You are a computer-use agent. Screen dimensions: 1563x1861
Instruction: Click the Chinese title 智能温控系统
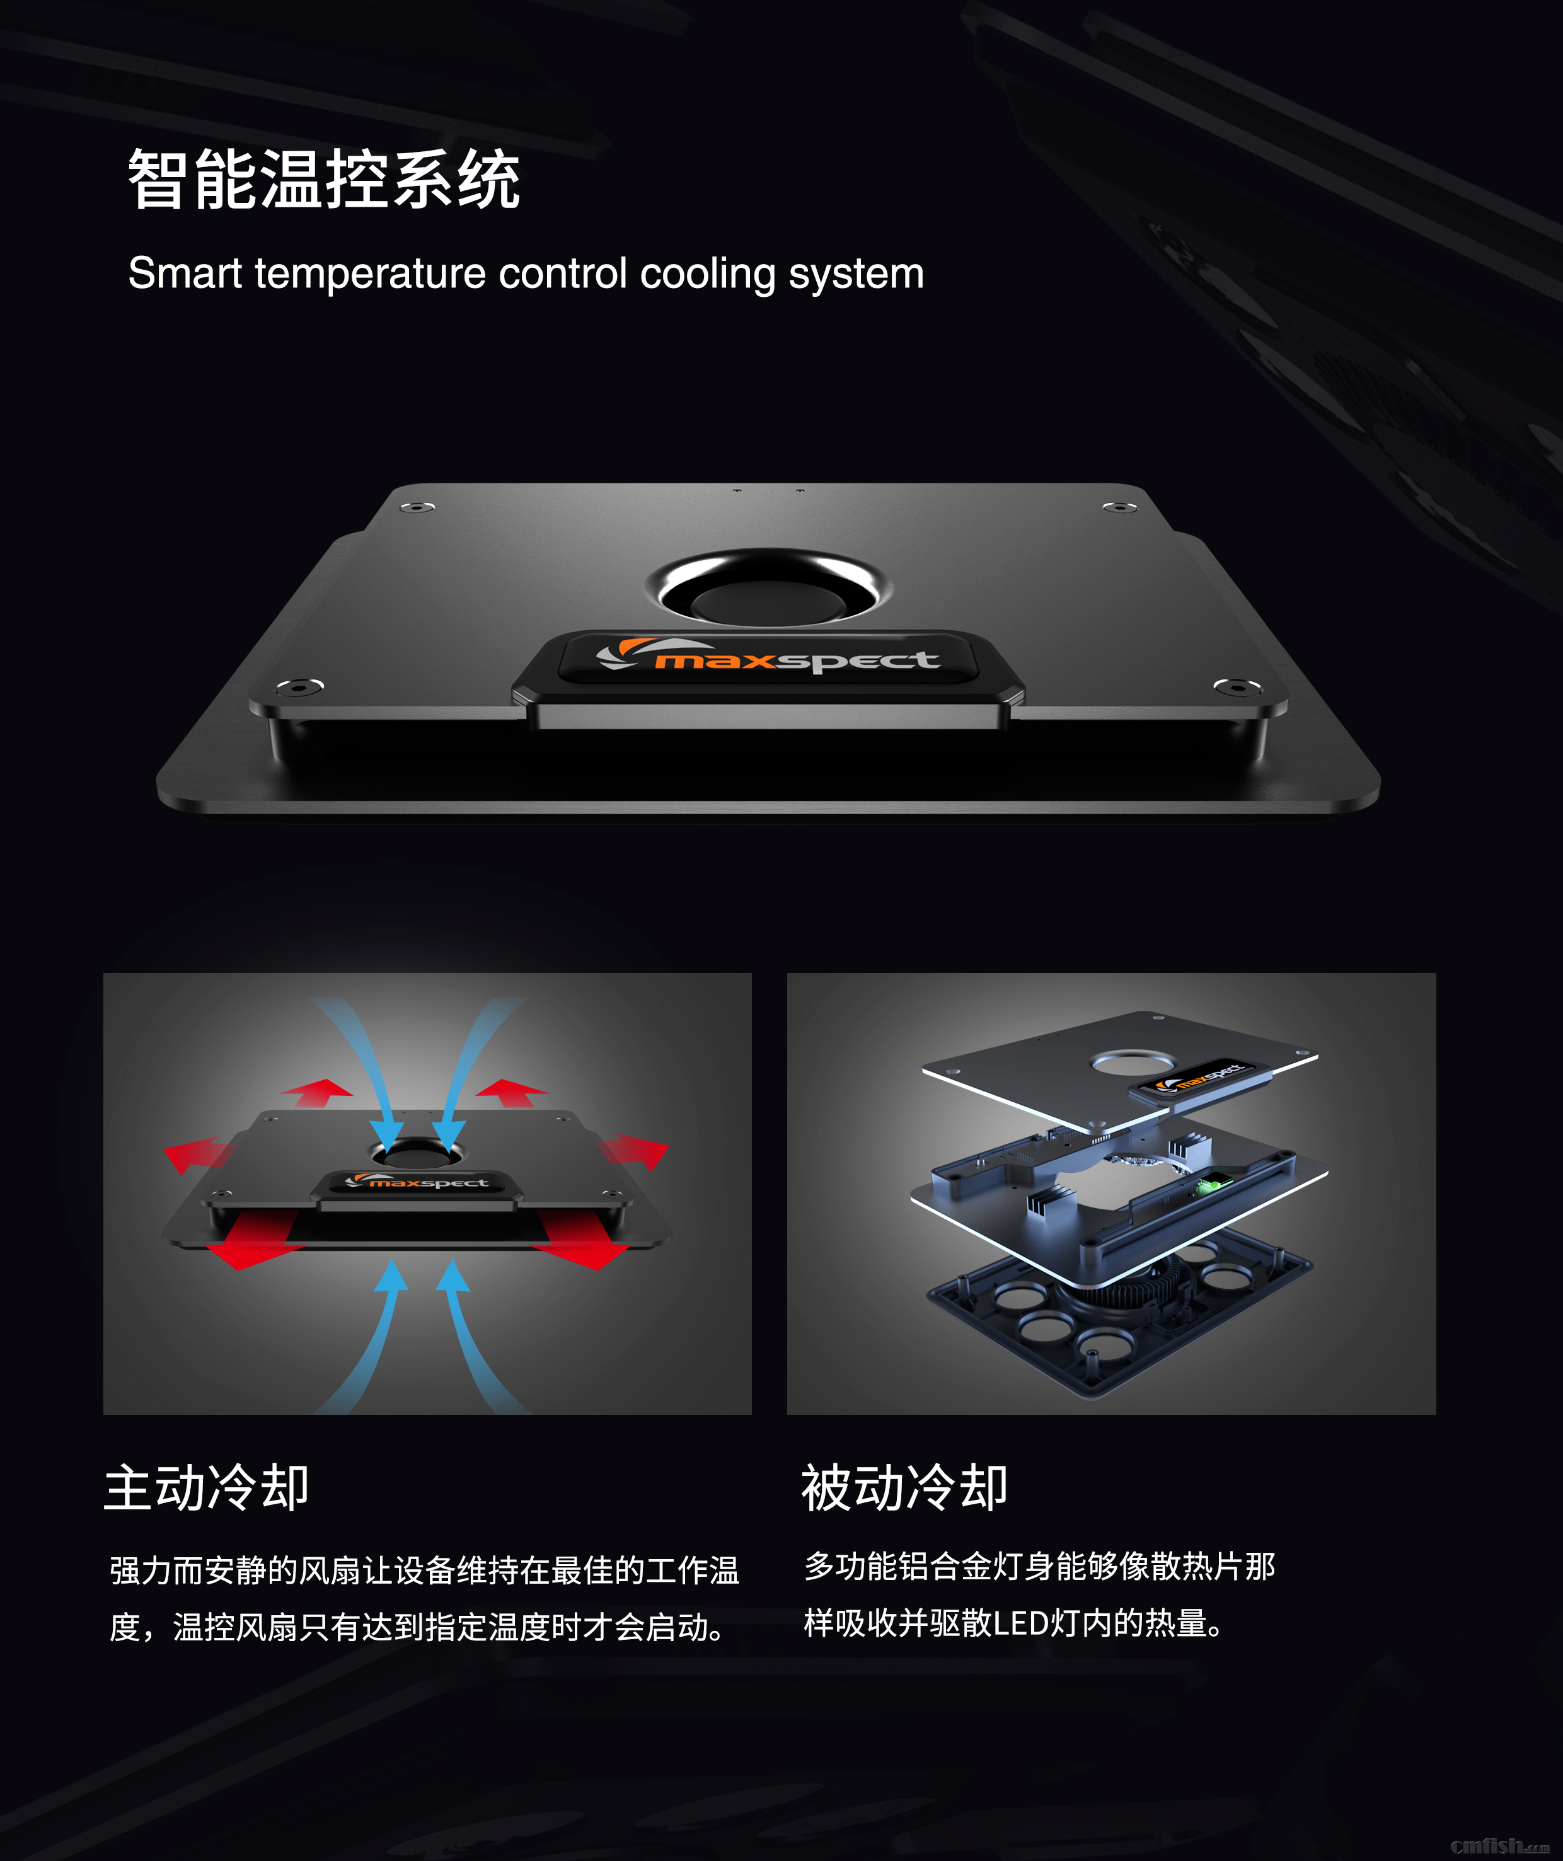point(325,180)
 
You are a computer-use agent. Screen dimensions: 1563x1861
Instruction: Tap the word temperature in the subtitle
point(371,274)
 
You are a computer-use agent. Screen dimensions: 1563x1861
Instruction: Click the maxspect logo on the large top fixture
point(768,657)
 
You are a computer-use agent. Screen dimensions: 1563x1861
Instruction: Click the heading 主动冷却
point(207,1488)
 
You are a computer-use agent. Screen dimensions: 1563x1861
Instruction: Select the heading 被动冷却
point(904,1488)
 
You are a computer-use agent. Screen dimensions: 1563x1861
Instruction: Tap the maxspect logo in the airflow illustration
point(417,1181)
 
